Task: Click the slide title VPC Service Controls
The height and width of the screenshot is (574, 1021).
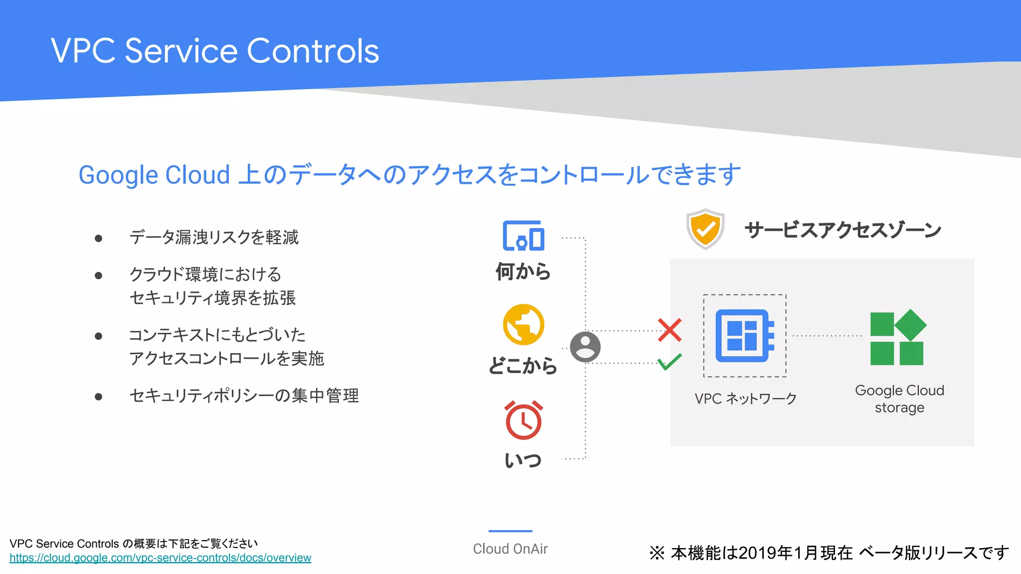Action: click(x=215, y=51)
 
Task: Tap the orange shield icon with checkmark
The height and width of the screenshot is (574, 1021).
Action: click(x=705, y=229)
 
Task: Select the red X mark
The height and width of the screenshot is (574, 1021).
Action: click(x=670, y=330)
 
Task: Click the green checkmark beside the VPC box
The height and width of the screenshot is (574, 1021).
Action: click(x=670, y=361)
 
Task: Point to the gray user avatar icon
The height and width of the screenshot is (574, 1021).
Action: click(x=585, y=347)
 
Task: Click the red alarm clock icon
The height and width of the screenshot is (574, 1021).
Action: click(x=523, y=420)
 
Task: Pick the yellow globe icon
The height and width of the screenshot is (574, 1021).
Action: click(x=523, y=325)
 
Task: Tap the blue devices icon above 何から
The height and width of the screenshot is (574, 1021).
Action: click(x=523, y=236)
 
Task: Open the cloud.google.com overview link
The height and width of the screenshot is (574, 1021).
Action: click(x=160, y=558)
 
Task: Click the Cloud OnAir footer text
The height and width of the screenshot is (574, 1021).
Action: click(x=510, y=549)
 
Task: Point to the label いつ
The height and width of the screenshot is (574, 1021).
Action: click(x=523, y=460)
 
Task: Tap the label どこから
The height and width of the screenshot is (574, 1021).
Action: click(x=523, y=366)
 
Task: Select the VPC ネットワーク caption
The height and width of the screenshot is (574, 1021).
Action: click(x=745, y=399)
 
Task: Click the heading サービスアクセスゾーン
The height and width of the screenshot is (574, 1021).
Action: click(x=843, y=230)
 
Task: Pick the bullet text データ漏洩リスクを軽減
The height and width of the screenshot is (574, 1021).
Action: click(x=214, y=237)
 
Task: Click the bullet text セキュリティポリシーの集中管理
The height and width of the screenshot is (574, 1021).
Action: click(x=244, y=396)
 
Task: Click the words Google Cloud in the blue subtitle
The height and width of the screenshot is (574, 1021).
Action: click(x=154, y=175)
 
